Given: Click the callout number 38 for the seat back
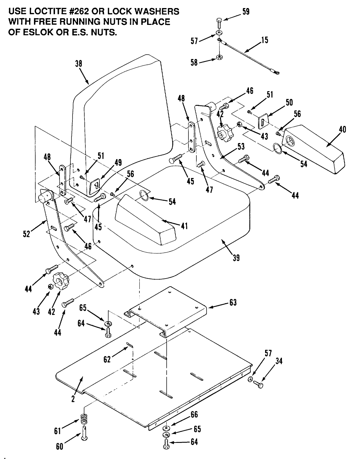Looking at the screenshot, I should click(x=78, y=64).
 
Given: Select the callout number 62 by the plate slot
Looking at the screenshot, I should click(x=107, y=359).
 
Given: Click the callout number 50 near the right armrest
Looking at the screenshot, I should click(x=289, y=102).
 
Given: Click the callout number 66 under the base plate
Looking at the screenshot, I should click(x=194, y=415).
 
